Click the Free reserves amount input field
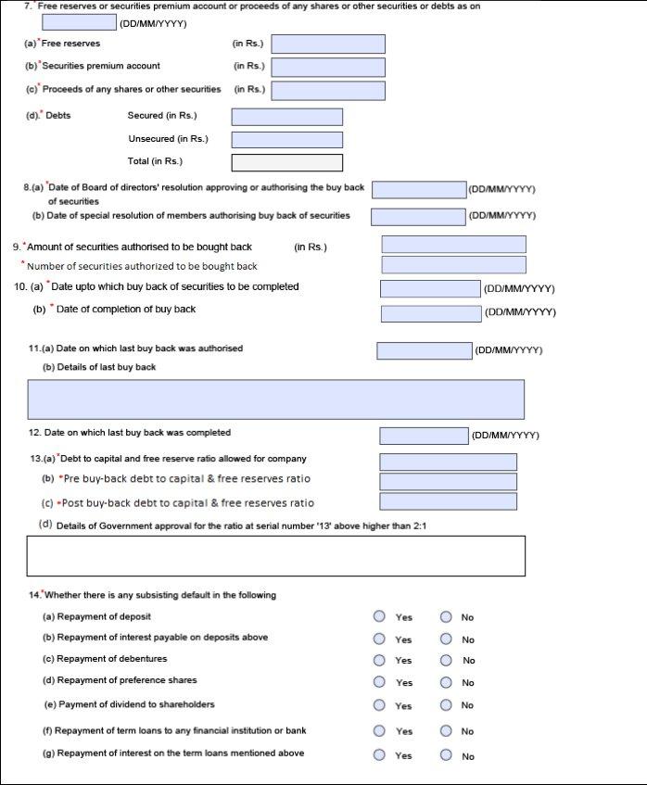(x=327, y=44)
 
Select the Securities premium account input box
(x=327, y=67)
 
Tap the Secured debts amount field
(x=286, y=117)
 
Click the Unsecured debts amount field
(x=286, y=140)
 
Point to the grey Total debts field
(x=286, y=162)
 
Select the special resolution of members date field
(x=418, y=217)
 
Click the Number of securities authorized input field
(x=453, y=265)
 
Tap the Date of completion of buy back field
(x=430, y=313)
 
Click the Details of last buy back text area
(x=276, y=399)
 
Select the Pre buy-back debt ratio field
(x=448, y=481)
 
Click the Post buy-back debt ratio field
(x=448, y=502)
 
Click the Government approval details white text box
(x=276, y=556)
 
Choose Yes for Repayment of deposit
(x=379, y=616)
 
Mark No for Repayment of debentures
(x=446, y=661)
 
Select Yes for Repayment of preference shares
(x=379, y=682)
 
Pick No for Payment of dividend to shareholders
(x=446, y=705)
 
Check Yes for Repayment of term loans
(x=379, y=731)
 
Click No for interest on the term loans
(x=446, y=755)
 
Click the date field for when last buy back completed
(x=424, y=436)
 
